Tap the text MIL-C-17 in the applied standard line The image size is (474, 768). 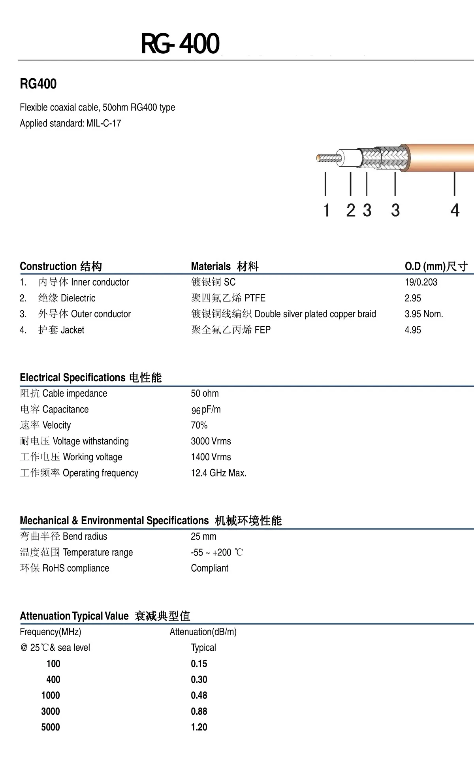coord(103,123)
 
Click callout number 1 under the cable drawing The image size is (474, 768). coord(326,210)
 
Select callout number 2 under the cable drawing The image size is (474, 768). coord(350,210)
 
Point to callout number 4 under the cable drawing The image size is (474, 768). coord(455,210)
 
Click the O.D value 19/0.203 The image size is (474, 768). coord(421,282)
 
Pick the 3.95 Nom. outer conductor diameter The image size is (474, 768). coord(424,314)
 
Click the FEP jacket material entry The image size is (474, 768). coord(263,330)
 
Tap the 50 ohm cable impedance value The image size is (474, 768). coord(205,393)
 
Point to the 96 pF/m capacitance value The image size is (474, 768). coord(206,410)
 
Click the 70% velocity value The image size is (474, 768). coord(199,425)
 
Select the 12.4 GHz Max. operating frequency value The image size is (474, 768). coord(218,473)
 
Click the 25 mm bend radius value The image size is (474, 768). coord(203,536)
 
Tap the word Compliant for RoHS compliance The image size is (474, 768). coord(209,568)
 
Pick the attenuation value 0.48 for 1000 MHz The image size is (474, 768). coord(199,695)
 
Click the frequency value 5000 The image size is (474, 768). coord(51,727)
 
